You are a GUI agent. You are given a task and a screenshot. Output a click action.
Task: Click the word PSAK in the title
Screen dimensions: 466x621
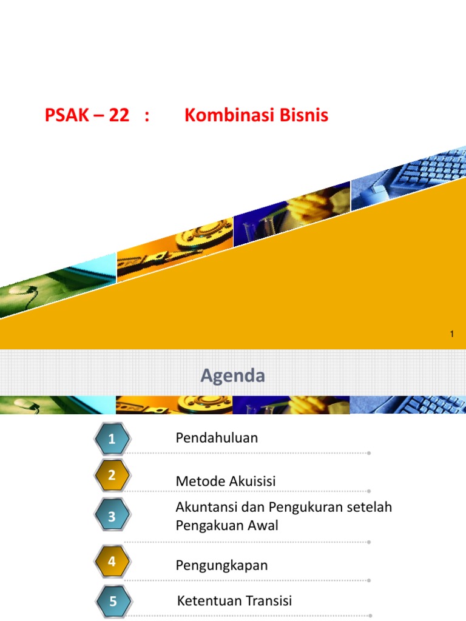pyautogui.click(x=67, y=115)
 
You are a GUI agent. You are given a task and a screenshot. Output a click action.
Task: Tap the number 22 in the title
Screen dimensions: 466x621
pyautogui.click(x=119, y=115)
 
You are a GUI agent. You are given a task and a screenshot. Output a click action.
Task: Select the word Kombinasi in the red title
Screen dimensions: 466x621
pyautogui.click(x=229, y=115)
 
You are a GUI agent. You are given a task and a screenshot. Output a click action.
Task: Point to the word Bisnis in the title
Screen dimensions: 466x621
pyautogui.click(x=304, y=115)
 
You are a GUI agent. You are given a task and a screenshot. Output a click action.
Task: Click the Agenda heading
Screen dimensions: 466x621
pyautogui.click(x=232, y=376)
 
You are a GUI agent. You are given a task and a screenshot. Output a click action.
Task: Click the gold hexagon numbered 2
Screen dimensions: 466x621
pyautogui.click(x=112, y=475)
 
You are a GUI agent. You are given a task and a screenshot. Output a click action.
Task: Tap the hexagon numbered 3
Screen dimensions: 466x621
pyautogui.click(x=112, y=515)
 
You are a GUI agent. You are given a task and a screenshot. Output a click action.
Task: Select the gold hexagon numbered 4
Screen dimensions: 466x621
pyautogui.click(x=112, y=561)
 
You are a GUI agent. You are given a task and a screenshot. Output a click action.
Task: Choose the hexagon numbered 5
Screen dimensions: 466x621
pyautogui.click(x=113, y=601)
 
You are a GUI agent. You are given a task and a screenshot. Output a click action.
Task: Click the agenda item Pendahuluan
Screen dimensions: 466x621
pyautogui.click(x=217, y=438)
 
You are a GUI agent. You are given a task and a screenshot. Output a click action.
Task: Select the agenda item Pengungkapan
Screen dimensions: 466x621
pyautogui.click(x=221, y=566)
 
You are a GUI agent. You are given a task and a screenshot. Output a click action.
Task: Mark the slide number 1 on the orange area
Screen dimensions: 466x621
pyautogui.click(x=451, y=334)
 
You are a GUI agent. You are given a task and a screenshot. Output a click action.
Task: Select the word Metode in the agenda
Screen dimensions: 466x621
pyautogui.click(x=200, y=481)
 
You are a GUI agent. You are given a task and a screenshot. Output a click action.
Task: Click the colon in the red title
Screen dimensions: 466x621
pyautogui.click(x=147, y=116)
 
